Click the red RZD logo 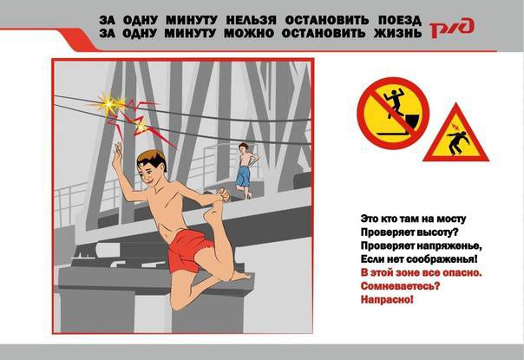(x=452, y=28)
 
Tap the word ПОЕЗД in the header (x=400, y=21)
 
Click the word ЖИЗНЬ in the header (x=397, y=34)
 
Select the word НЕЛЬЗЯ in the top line (x=251, y=21)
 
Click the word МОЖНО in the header (x=249, y=34)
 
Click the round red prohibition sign (x=393, y=113)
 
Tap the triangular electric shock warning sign (x=455, y=134)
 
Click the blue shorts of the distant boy (x=243, y=176)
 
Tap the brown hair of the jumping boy (x=153, y=159)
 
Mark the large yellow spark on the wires (x=108, y=104)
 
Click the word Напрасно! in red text (x=387, y=299)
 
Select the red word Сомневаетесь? (x=400, y=286)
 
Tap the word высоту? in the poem (x=436, y=232)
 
